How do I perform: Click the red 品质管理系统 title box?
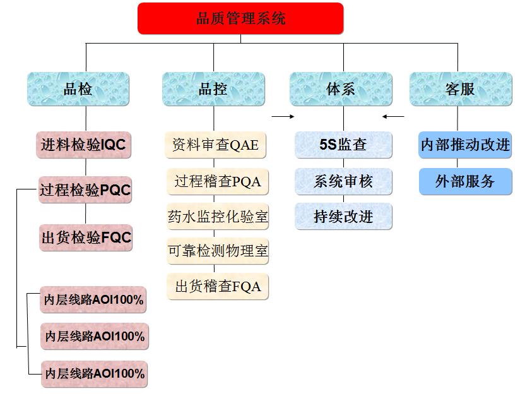click(x=240, y=18)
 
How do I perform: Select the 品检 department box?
click(x=78, y=89)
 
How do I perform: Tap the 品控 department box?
click(x=213, y=89)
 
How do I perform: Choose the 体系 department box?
click(x=341, y=89)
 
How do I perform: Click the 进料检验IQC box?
click(x=85, y=145)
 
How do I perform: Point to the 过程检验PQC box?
click(x=85, y=189)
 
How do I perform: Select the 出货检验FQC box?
click(x=86, y=237)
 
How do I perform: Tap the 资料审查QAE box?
click(x=216, y=145)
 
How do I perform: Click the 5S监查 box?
click(x=343, y=145)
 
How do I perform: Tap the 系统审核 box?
click(x=343, y=182)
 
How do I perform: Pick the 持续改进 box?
click(x=343, y=217)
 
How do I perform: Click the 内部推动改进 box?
click(x=465, y=145)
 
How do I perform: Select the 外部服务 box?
click(x=465, y=182)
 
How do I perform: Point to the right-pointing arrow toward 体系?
click(x=283, y=116)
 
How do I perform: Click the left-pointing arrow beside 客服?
click(x=393, y=116)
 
